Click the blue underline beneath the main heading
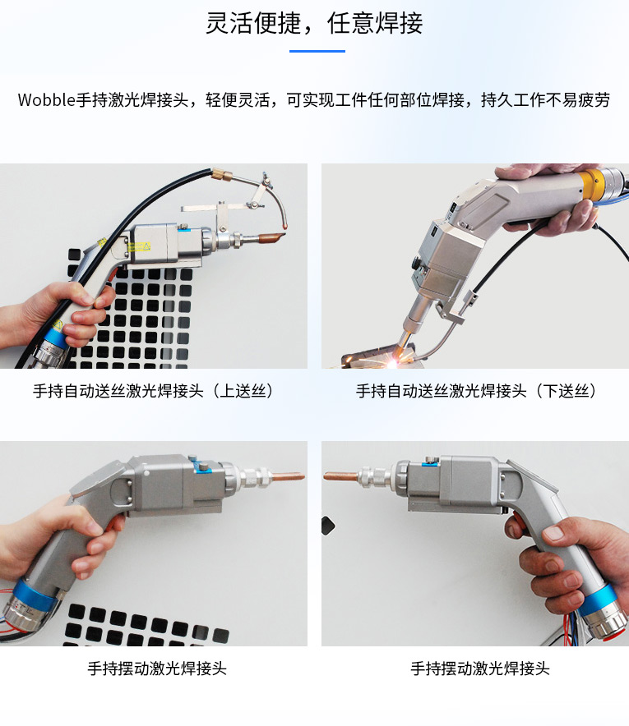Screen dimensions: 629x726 tap(317, 51)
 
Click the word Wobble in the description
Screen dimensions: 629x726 tap(46, 99)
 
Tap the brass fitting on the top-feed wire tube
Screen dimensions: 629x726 tap(222, 175)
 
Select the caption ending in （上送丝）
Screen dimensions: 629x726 tap(154, 391)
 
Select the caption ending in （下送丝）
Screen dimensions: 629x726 tap(477, 391)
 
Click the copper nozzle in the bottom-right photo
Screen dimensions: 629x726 tap(340, 476)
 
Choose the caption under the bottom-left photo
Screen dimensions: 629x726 tap(157, 669)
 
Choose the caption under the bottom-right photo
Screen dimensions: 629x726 tap(479, 669)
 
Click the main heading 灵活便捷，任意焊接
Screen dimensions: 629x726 tap(314, 23)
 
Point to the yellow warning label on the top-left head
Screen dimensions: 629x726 tap(139, 246)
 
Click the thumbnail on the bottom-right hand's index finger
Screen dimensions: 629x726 tap(553, 532)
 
